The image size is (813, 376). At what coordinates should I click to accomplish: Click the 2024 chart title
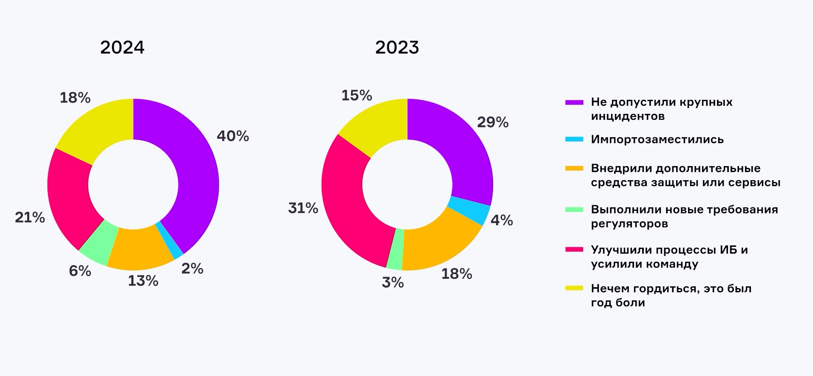tap(122, 47)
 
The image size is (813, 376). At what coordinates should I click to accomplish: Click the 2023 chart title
tap(397, 47)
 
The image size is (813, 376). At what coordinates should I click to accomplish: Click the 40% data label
tap(233, 136)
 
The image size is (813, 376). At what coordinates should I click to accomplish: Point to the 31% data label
tap(303, 208)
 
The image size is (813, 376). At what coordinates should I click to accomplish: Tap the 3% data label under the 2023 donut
tap(393, 283)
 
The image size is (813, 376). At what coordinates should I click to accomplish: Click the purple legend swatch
tap(574, 102)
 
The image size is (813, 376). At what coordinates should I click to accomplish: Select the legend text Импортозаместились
tap(657, 139)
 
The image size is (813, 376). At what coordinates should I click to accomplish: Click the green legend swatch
tap(574, 209)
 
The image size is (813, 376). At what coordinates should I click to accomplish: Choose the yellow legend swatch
tap(574, 288)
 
